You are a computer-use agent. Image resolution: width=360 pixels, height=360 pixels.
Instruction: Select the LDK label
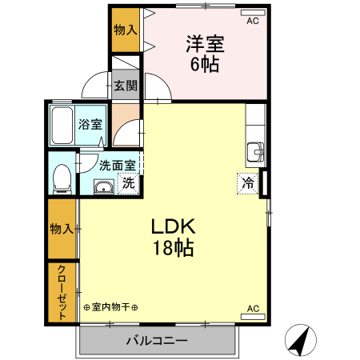click(x=174, y=227)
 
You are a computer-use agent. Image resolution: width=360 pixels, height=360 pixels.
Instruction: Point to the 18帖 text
click(x=174, y=248)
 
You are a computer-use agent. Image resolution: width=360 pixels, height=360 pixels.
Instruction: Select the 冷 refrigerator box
click(x=248, y=183)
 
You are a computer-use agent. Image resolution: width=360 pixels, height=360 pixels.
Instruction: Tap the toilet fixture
click(x=61, y=178)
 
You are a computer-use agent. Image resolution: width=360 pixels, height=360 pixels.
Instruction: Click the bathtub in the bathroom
click(x=62, y=125)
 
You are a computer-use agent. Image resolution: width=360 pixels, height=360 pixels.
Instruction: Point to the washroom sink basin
click(x=103, y=187)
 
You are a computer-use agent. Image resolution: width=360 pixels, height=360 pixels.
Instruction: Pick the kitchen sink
click(x=256, y=150)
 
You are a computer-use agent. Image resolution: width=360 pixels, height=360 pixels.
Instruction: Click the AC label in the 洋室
click(x=253, y=21)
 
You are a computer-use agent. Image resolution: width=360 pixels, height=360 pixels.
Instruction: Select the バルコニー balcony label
click(x=157, y=342)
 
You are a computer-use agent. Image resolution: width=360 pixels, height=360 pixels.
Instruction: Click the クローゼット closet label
click(x=62, y=293)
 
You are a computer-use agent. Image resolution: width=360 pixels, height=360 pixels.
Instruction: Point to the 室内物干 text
click(x=111, y=307)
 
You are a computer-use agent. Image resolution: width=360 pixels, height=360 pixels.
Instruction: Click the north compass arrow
click(x=299, y=342)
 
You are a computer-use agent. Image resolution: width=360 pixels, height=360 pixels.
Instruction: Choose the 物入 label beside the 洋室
click(x=124, y=30)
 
